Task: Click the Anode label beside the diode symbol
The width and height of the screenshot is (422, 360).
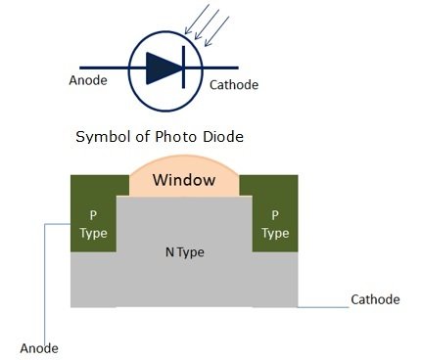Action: [x=89, y=81]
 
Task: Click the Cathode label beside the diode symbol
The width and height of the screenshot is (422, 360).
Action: [x=234, y=85]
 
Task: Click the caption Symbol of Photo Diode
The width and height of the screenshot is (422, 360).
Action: [x=159, y=137]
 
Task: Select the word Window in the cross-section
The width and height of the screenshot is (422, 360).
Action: [x=184, y=181]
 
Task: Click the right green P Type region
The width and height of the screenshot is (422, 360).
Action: [x=275, y=224]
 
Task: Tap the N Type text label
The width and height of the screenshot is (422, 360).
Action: [x=183, y=252]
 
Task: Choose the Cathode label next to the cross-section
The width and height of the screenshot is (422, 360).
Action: [x=375, y=299]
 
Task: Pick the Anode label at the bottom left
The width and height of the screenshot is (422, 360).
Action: [x=39, y=347]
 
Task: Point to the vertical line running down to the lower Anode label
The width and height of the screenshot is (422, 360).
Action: [x=45, y=284]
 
